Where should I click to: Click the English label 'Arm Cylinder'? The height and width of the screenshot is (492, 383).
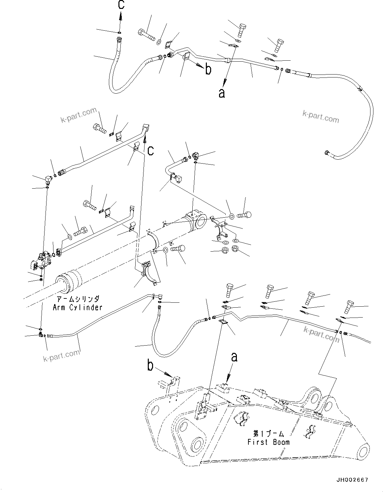tap(78, 307)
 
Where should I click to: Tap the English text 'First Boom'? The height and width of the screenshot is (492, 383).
tap(268, 442)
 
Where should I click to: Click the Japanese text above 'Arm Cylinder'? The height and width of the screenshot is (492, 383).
tap(78, 299)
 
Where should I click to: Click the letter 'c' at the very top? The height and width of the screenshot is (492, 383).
tap(121, 5)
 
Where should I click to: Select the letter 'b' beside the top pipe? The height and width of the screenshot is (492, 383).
tap(208, 69)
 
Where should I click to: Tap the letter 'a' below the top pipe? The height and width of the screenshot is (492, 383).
tap(222, 93)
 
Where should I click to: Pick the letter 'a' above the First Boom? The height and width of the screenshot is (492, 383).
tap(234, 357)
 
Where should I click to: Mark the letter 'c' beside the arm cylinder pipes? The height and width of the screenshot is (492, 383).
tap(150, 151)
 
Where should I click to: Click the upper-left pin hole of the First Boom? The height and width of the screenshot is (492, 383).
tap(153, 411)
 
